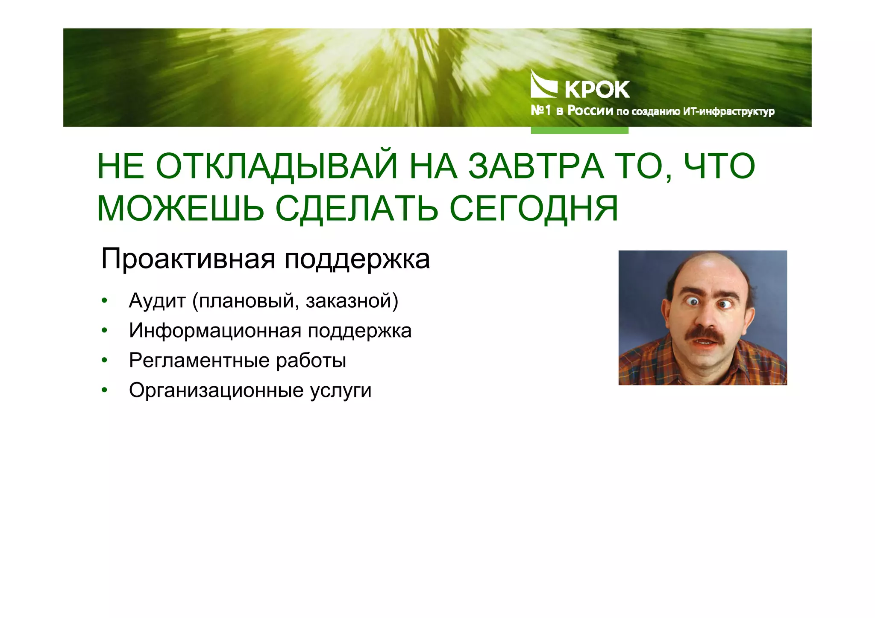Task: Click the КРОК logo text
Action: coord(597,90)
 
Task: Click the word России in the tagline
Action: coord(590,111)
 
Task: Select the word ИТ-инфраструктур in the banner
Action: coord(729,112)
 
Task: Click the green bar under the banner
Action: coord(579,130)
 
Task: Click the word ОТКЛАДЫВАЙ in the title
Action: coord(276,166)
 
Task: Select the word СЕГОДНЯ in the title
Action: coord(534,209)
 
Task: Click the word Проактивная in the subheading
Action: coord(188,259)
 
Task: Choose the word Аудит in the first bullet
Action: coord(157,301)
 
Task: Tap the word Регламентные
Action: coord(200,361)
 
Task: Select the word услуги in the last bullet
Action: coord(341,391)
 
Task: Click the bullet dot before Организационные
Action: coord(104,390)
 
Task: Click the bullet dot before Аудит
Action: coord(104,300)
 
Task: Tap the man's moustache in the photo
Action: coord(707,334)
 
